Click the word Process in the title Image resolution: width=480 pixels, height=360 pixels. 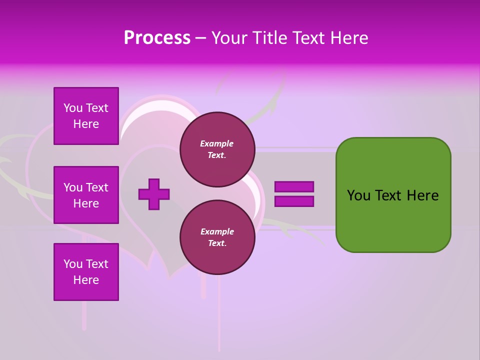[157, 38]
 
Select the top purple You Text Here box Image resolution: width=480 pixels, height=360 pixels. [86, 116]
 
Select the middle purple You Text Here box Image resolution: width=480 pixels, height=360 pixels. [86, 195]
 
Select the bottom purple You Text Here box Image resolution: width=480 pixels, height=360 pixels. [86, 272]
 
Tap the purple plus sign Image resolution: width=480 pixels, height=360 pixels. [154, 194]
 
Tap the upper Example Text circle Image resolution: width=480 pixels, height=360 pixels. [217, 149]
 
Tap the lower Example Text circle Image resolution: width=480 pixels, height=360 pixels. [217, 237]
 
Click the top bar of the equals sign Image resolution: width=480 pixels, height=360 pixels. [294, 187]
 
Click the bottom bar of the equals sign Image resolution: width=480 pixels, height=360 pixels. [294, 201]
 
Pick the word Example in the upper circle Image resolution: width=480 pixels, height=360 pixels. [217, 144]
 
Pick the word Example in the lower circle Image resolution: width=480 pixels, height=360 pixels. [217, 232]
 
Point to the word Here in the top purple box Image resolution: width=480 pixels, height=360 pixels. [86, 124]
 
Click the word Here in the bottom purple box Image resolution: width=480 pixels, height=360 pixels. [86, 280]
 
